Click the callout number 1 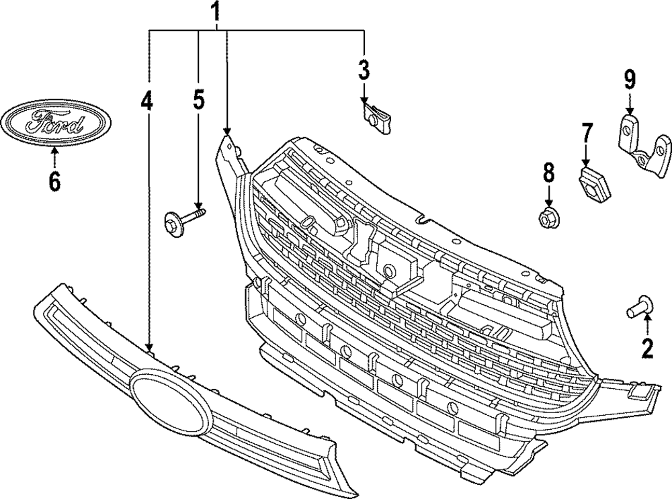coord(216,11)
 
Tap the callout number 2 coord(647,348)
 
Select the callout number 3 coord(364,69)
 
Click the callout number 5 coord(198,100)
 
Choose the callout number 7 coord(587,132)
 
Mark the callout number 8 coord(549,173)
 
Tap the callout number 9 coord(629,80)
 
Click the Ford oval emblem coord(55,123)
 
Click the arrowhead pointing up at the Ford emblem coord(54,150)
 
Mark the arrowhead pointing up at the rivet coord(647,321)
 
